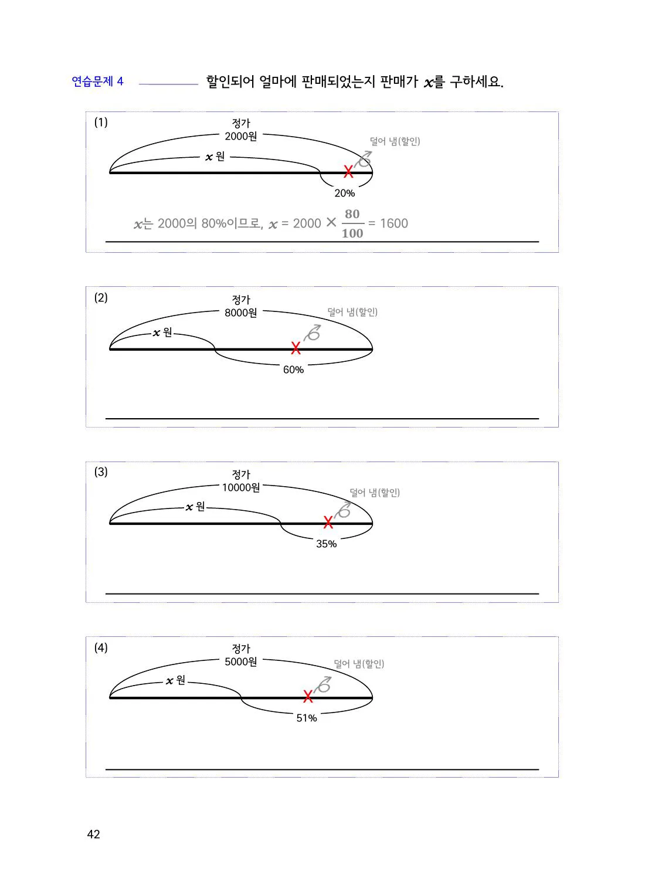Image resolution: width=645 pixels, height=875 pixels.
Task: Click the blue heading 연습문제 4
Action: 98,82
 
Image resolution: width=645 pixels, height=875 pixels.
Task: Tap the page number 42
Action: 93,834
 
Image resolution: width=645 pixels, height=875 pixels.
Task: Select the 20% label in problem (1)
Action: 345,193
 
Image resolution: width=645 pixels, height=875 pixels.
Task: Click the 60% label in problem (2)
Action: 293,369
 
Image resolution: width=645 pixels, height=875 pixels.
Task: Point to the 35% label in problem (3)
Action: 326,544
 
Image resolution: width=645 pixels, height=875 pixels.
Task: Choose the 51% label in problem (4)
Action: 306,718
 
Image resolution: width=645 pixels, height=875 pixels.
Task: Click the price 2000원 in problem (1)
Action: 240,136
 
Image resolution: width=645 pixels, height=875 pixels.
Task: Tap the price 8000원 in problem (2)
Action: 240,313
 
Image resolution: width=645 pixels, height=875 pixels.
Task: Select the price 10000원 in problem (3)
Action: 241,487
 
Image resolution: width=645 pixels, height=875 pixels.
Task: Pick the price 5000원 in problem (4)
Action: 240,662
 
